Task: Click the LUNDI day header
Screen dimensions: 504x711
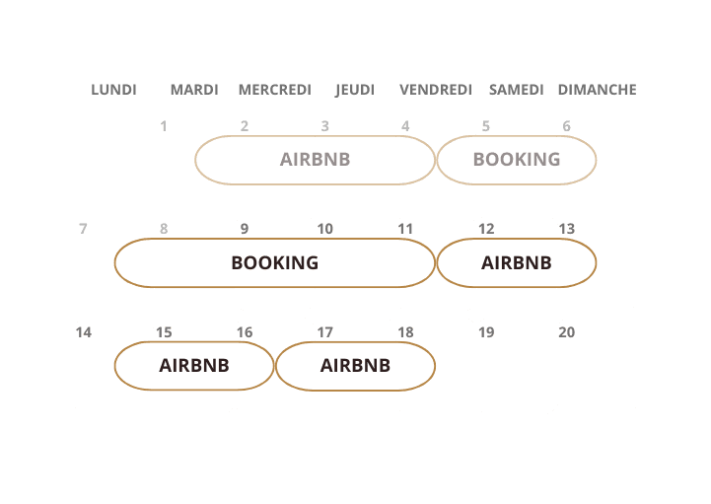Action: (x=113, y=90)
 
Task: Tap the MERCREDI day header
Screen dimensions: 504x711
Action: (x=274, y=90)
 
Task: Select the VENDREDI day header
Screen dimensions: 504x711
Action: (x=436, y=90)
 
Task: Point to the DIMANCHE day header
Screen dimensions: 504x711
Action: (x=597, y=90)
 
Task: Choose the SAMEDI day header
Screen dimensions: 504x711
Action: (x=516, y=90)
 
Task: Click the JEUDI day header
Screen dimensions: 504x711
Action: (x=355, y=90)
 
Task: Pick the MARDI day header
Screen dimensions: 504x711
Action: (x=194, y=90)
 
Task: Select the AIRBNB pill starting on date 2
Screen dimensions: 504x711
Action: (x=315, y=160)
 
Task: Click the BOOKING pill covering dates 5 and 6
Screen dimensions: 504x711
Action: (x=516, y=160)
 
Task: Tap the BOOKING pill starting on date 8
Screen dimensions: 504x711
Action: (x=274, y=263)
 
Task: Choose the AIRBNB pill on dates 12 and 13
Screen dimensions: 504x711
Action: (x=516, y=263)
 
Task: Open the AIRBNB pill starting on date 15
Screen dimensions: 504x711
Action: (x=194, y=366)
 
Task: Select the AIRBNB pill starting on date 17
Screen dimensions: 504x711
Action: (x=355, y=366)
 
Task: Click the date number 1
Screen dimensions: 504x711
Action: (x=164, y=126)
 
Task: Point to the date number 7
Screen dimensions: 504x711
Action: (x=83, y=229)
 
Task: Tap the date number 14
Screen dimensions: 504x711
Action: (x=84, y=332)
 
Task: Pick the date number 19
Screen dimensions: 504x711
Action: (x=486, y=332)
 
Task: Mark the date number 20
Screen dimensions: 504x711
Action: (x=566, y=332)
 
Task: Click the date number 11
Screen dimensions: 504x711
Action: (x=405, y=229)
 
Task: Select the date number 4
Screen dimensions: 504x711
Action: (x=405, y=126)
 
